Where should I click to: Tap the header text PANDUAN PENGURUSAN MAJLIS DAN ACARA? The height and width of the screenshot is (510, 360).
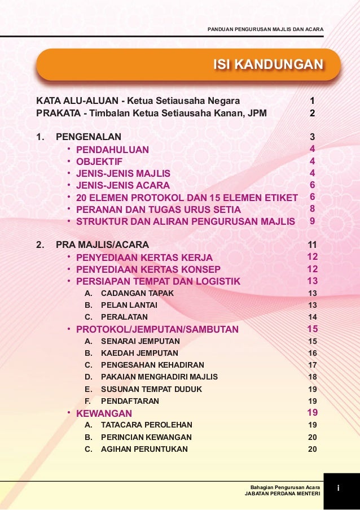(265, 29)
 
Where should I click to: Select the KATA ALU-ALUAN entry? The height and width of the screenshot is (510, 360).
(138, 101)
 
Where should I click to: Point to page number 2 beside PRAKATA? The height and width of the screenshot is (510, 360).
(312, 114)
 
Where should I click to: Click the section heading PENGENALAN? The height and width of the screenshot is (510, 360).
(88, 137)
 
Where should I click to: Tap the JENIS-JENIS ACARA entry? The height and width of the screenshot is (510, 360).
(123, 185)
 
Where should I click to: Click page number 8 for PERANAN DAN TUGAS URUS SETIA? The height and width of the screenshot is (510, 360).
(312, 208)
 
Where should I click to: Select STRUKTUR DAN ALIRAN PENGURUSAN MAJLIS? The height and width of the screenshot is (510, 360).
(185, 221)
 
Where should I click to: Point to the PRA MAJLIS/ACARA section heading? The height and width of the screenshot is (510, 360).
(102, 245)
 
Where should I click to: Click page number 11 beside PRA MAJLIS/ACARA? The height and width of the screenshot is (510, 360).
(312, 245)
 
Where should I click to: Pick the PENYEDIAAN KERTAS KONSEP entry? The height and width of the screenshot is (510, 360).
(148, 269)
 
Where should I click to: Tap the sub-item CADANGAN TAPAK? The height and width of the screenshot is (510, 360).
(137, 293)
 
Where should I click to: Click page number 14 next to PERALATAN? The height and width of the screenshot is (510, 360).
(312, 317)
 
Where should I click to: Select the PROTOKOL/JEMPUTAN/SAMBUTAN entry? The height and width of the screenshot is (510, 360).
(157, 329)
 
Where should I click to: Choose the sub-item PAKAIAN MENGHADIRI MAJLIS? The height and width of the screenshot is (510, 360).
(159, 377)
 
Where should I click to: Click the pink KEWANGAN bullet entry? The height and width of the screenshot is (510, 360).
(104, 413)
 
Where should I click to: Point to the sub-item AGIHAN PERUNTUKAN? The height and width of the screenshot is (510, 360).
(144, 450)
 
